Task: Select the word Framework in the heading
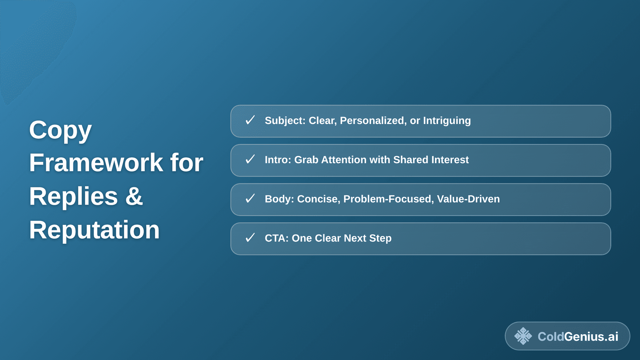coord(96,163)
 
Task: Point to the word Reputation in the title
coord(94,230)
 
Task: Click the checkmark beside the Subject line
coord(250,120)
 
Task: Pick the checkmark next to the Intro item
coord(250,159)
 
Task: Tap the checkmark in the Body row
coord(250,199)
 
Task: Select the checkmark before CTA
coord(250,238)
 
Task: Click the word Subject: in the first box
coord(285,121)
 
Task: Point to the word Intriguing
coord(447,121)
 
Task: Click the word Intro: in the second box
coord(278,160)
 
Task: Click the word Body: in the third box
coord(279,199)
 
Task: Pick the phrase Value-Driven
coord(468,199)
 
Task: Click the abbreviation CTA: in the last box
coord(276,238)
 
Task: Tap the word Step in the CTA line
coord(380,238)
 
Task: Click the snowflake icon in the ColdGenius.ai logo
coord(523,336)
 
